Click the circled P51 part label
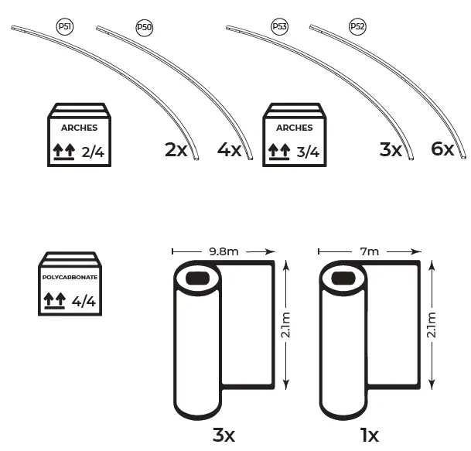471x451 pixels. point(65,27)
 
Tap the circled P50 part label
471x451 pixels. point(144,27)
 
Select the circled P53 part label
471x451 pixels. point(279,26)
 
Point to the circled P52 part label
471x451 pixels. point(357,26)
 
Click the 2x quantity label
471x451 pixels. point(176,150)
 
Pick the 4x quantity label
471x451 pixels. point(230,149)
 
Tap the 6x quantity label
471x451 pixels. point(442,149)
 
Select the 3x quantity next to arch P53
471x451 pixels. point(391,149)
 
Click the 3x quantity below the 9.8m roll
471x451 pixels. point(224,435)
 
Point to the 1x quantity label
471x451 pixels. point(370,435)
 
